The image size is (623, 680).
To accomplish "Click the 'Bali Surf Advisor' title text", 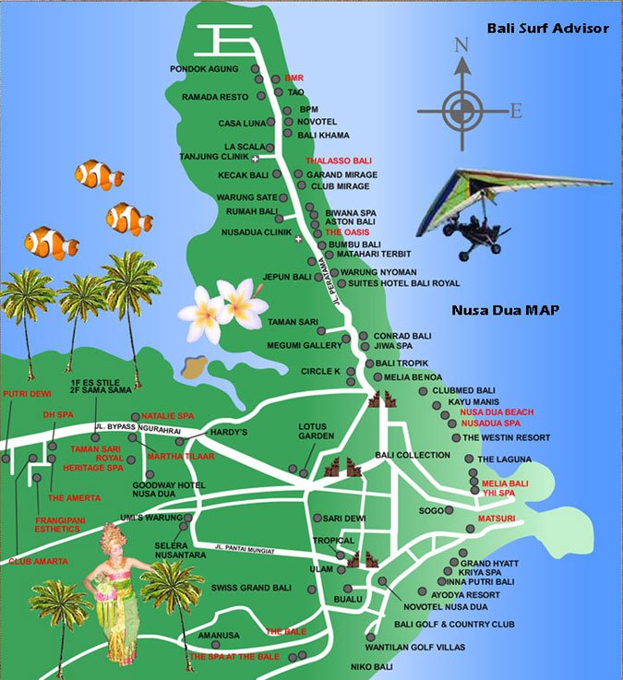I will [x=548, y=29].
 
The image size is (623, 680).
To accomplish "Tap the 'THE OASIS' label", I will [x=346, y=233].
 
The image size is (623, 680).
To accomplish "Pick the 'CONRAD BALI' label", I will [x=397, y=336].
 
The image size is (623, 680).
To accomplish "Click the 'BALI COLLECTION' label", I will [x=413, y=455].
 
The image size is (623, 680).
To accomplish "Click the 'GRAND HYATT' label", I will [x=490, y=563].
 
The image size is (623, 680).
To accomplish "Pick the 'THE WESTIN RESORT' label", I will [x=506, y=437].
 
